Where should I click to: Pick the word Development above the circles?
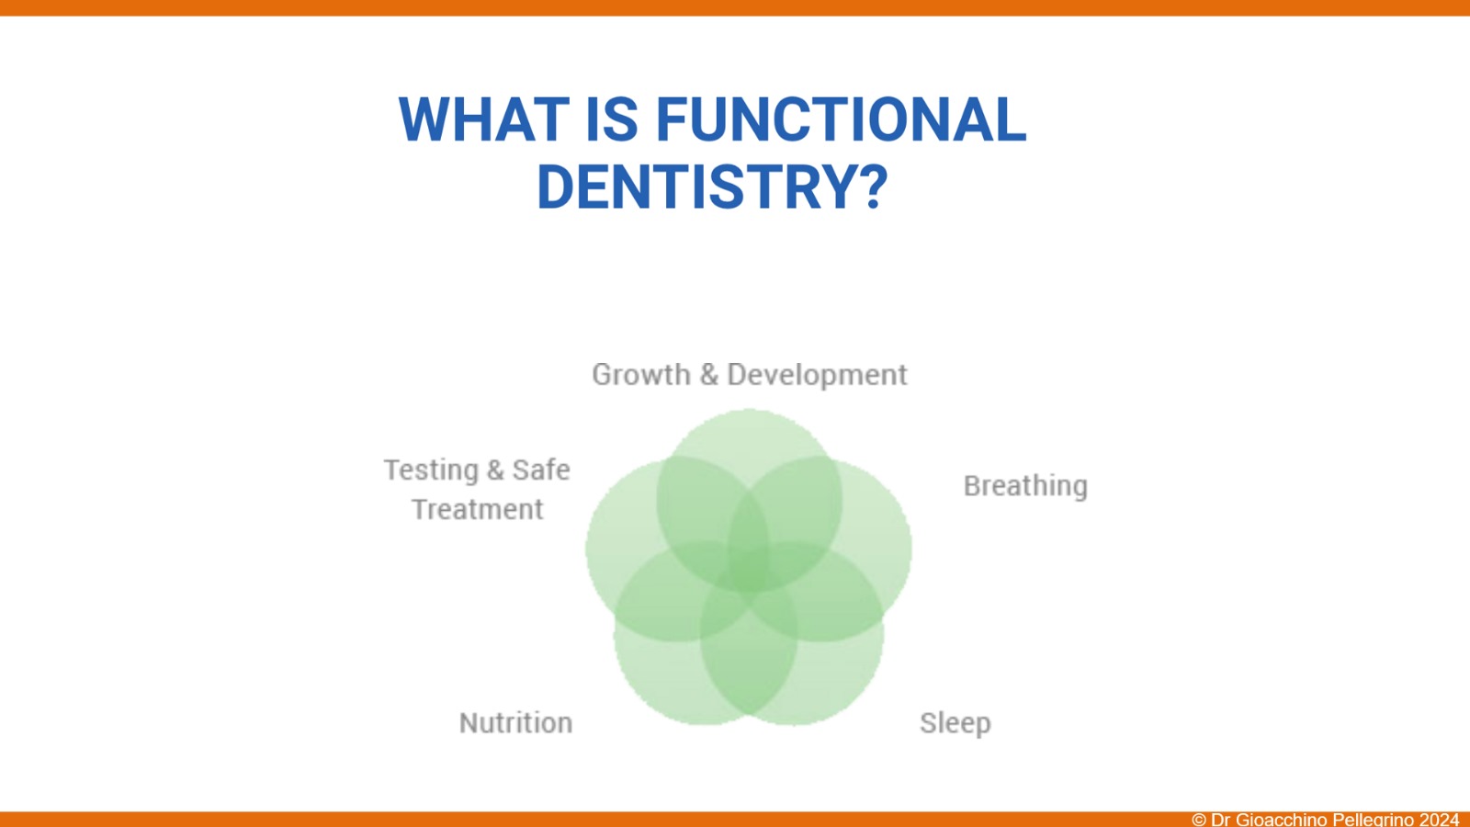click(x=817, y=376)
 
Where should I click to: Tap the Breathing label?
click(x=1025, y=487)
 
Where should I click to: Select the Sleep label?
click(x=955, y=723)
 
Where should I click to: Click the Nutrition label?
click(x=515, y=722)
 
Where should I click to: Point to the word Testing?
click(x=431, y=470)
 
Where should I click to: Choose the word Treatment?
click(x=478, y=509)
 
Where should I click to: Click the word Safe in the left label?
click(x=541, y=470)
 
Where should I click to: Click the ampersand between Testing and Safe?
click(x=495, y=470)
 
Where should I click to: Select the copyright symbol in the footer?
click(x=1199, y=820)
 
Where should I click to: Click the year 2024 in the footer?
click(x=1439, y=820)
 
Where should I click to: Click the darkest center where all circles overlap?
click(x=749, y=574)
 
